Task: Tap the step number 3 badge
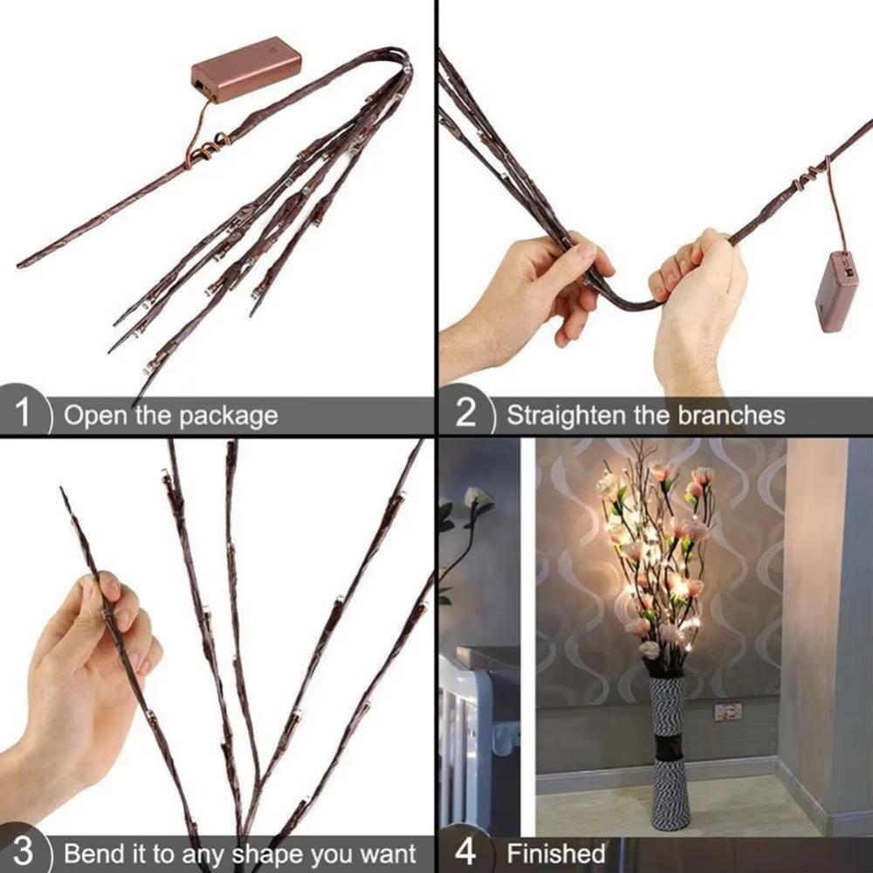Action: pos(24,851)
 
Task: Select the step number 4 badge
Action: pos(466,851)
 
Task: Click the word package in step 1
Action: pos(228,416)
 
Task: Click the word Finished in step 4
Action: pos(556,852)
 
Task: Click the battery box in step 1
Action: pos(246,68)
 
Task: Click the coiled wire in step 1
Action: pos(208,147)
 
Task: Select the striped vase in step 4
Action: pos(670,751)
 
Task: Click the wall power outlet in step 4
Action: pos(727,711)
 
